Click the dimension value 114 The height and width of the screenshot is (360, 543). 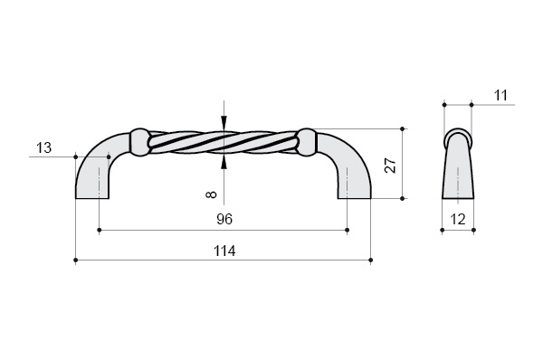pos(224,251)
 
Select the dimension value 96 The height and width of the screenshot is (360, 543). pos(224,219)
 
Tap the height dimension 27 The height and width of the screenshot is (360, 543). pos(391,166)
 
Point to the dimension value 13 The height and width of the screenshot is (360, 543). pos(44,147)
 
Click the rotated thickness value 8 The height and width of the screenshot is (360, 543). pos(211,194)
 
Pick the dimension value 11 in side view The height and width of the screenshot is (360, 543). pos(500,95)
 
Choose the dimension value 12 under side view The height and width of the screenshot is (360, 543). pos(458,219)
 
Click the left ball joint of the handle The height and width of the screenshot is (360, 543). pos(139,142)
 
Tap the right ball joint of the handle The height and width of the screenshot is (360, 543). pos(307,142)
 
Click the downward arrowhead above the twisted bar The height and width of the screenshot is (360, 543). pos(224,122)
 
